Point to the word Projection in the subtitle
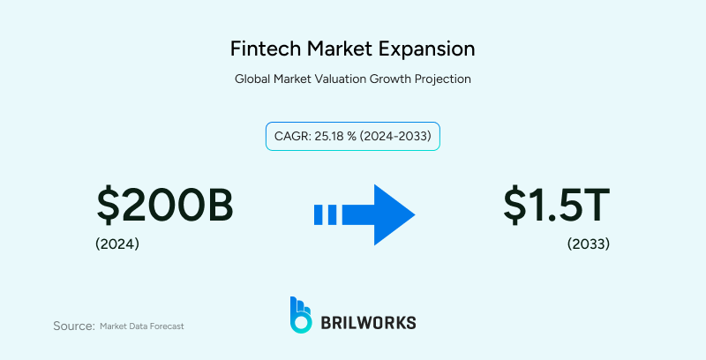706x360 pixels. point(440,79)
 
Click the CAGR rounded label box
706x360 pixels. point(353,137)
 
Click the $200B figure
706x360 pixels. point(165,206)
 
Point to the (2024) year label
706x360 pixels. point(117,244)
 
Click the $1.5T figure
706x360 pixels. point(556,206)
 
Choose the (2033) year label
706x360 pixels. point(589,244)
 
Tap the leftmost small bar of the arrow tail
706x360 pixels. point(319,214)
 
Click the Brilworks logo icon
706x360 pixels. point(301,315)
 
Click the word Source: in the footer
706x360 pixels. point(74,326)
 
